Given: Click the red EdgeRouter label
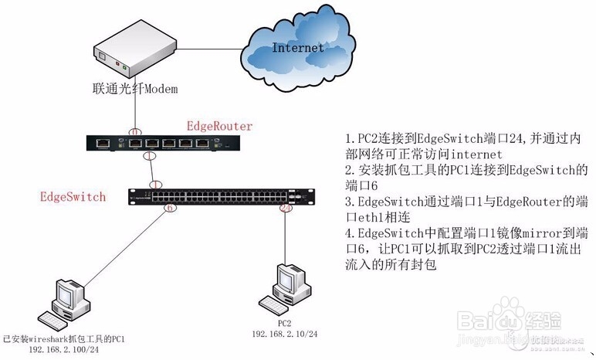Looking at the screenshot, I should (219, 125).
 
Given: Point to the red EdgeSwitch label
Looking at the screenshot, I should (73, 197).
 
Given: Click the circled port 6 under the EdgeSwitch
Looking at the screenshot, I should (171, 207).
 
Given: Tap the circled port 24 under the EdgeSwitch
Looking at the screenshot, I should (285, 207).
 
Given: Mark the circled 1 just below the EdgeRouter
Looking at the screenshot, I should (151, 155).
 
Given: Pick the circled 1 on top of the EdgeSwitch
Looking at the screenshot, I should (157, 185).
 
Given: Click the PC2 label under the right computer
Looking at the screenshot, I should (284, 322).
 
